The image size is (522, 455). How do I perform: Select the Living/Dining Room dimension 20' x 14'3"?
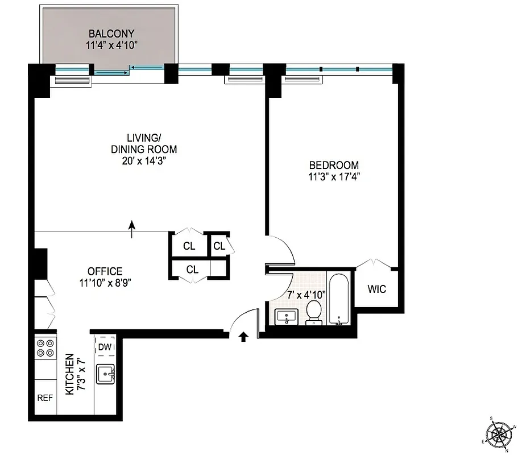pos(143,161)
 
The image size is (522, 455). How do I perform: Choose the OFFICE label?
pos(105,271)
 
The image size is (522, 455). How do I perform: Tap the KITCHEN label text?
pos(69,374)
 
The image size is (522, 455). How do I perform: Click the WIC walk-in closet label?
pos(376,289)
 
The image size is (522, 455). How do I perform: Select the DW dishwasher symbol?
pos(105,347)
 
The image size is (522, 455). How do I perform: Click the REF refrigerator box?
pos(45,398)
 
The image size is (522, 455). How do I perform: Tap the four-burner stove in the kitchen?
pos(45,348)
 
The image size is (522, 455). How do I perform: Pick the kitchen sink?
pos(106,374)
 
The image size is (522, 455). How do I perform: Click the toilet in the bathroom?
pos(314,312)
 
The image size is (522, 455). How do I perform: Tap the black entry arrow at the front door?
pos(243,337)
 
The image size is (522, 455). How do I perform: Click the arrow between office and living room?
pos(132,229)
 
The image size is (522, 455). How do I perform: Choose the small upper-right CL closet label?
pos(219,246)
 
